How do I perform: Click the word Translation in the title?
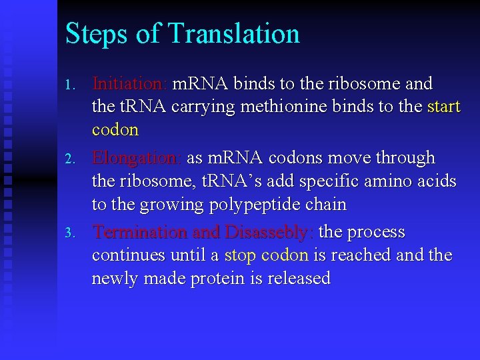point(234,33)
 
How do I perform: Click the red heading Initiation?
point(130,84)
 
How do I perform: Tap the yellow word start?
point(443,107)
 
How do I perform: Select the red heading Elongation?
point(137,158)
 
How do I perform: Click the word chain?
point(326,203)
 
